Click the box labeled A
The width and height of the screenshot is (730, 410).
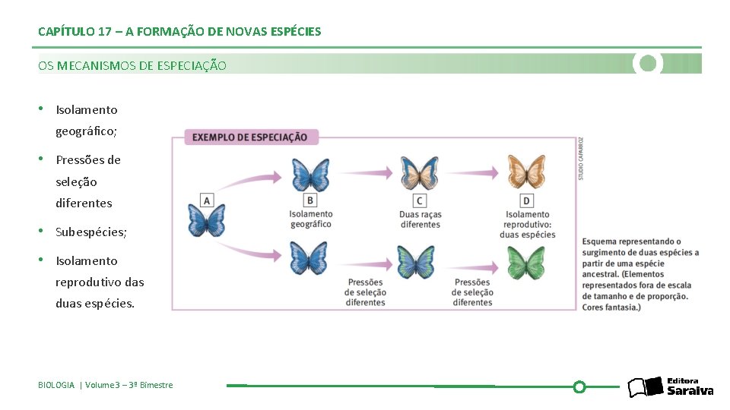click(206, 200)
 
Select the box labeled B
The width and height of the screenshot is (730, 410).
click(310, 200)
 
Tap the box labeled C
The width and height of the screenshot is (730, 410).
click(419, 200)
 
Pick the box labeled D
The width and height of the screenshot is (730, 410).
click(526, 200)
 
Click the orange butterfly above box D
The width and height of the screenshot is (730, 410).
click(527, 172)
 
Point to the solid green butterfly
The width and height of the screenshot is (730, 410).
click(527, 263)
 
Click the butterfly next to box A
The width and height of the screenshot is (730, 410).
click(207, 221)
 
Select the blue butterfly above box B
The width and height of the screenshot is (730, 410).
click(310, 174)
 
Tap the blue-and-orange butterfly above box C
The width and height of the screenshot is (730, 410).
click(420, 173)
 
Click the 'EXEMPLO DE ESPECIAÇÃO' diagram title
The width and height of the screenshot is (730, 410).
click(250, 137)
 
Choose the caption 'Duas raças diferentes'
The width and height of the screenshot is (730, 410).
click(420, 219)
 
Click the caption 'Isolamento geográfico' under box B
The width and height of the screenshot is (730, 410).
click(311, 219)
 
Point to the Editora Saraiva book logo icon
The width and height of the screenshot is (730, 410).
click(645, 387)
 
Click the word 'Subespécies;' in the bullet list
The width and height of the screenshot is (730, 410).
click(91, 232)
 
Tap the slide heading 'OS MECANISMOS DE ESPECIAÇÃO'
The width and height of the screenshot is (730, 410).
click(132, 66)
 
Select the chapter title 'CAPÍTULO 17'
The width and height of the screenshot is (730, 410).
click(75, 32)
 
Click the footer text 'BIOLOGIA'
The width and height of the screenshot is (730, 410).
click(56, 385)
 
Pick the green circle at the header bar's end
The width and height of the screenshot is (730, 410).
click(648, 63)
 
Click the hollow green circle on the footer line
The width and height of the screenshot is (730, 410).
click(579, 386)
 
